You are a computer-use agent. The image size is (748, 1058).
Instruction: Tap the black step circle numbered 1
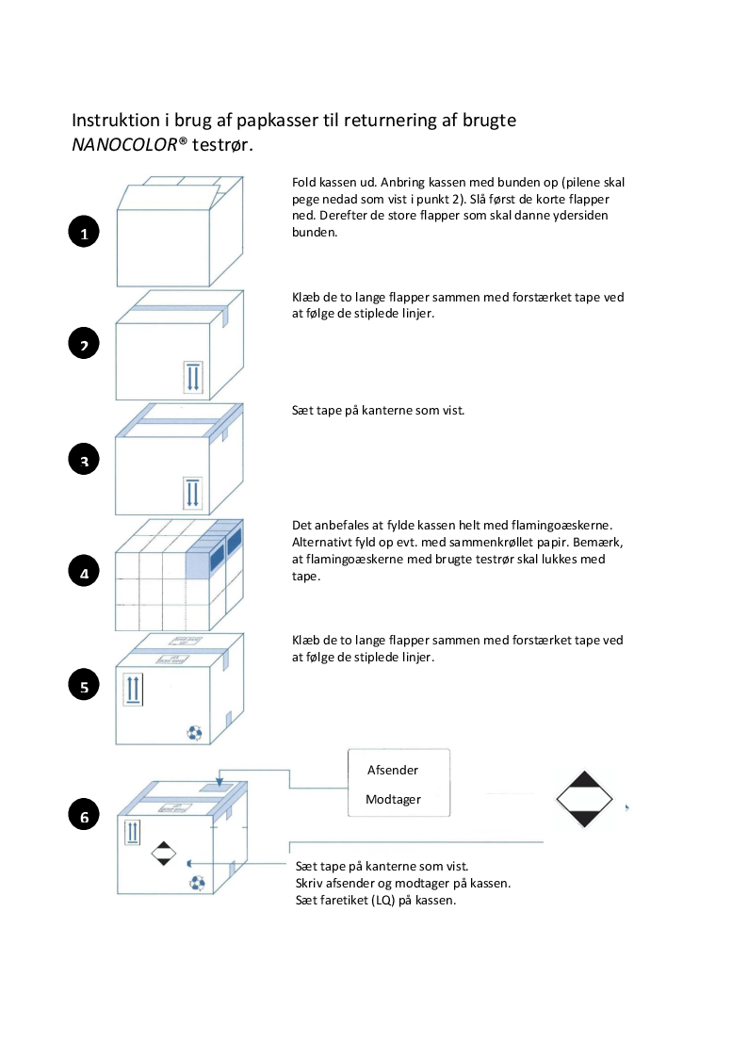tap(84, 233)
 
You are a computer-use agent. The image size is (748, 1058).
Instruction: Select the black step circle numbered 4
tap(84, 572)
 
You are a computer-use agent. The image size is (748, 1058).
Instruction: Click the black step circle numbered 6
tap(84, 816)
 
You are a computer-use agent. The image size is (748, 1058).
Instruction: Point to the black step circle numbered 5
tap(84, 686)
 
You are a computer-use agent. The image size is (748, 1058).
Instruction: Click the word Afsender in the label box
tap(392, 770)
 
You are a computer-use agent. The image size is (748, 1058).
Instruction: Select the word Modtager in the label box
tap(393, 800)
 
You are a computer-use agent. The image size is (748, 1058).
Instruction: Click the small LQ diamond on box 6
tap(164, 854)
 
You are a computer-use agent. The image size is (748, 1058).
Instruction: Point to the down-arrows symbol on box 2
tap(192, 376)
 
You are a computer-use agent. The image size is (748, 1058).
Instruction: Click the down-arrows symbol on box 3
tap(192, 492)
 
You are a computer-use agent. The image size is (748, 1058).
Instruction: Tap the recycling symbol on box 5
tap(194, 731)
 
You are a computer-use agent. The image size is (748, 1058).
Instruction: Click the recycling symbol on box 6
tap(197, 882)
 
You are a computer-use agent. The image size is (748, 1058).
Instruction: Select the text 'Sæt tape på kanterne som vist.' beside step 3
tap(379, 411)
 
